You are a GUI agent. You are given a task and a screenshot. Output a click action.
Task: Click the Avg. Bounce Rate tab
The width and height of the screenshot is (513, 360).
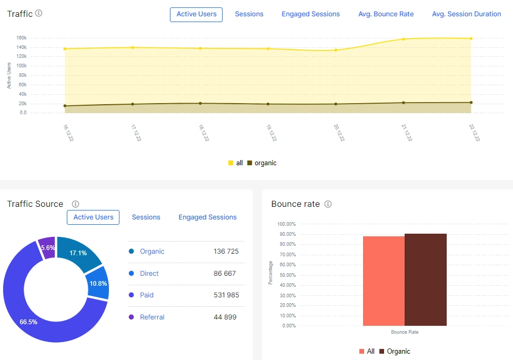pos(386,14)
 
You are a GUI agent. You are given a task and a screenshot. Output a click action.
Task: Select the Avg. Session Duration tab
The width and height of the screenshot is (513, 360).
pos(466,14)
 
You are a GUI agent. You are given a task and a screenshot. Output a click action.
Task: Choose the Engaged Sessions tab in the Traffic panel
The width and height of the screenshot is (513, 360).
pos(310,14)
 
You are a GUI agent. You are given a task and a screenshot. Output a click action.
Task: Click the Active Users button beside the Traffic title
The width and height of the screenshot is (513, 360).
pos(196,14)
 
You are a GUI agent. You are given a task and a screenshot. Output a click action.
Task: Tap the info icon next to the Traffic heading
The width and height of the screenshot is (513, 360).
pos(38,13)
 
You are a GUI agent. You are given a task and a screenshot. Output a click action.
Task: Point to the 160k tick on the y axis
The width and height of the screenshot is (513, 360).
pos(22,38)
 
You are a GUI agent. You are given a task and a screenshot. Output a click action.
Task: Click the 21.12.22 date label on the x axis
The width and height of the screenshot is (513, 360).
pos(406,133)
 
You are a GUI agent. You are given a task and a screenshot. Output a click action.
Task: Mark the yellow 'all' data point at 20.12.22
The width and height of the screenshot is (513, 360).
pos(336,50)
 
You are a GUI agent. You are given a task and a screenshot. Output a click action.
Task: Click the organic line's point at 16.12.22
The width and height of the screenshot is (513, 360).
pos(65,106)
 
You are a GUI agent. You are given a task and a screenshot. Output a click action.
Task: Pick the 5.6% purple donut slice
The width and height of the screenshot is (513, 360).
pos(47,247)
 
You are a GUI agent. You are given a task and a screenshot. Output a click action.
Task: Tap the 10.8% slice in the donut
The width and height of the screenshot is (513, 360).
pos(98,283)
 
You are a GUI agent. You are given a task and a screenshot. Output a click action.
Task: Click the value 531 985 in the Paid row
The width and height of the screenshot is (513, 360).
pos(226,295)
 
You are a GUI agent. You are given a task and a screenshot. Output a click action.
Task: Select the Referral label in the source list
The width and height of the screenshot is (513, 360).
pos(152,317)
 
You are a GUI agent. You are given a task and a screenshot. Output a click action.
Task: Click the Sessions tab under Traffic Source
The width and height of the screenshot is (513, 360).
pos(146,217)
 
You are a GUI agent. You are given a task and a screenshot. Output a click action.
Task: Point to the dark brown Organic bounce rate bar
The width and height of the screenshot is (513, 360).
pos(425,279)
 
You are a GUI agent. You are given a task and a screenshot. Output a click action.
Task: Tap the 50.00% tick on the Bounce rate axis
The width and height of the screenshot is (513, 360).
pos(286,275)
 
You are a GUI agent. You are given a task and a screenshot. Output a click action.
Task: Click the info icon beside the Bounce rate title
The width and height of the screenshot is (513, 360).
pos(328,204)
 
